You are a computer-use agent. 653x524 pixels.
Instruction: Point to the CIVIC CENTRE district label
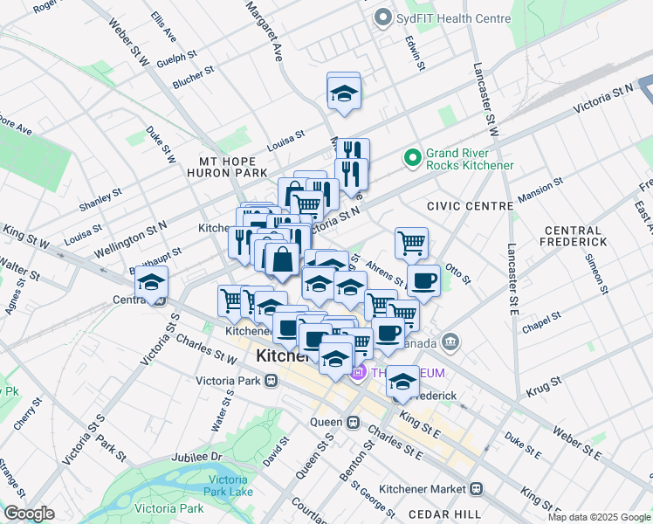click(470, 206)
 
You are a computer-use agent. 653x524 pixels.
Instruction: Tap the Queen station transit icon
click(354, 423)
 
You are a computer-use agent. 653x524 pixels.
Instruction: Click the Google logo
click(29, 514)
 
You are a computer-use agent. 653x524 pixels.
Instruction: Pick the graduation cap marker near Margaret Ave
click(344, 93)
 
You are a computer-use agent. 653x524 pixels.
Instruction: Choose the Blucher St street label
click(194, 78)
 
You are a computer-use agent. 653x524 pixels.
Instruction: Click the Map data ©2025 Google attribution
click(599, 517)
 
